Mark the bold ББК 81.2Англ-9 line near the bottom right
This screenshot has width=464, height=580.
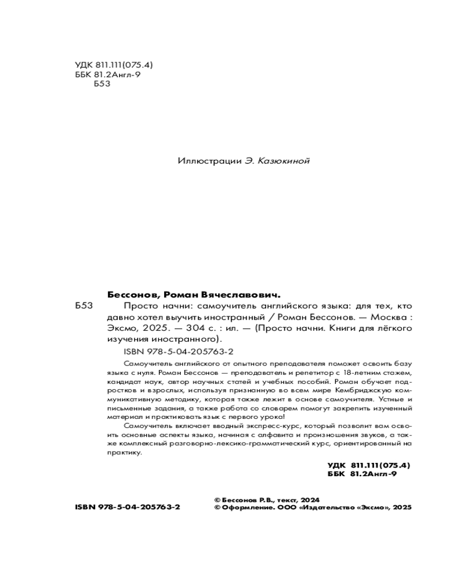pos(361,474)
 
